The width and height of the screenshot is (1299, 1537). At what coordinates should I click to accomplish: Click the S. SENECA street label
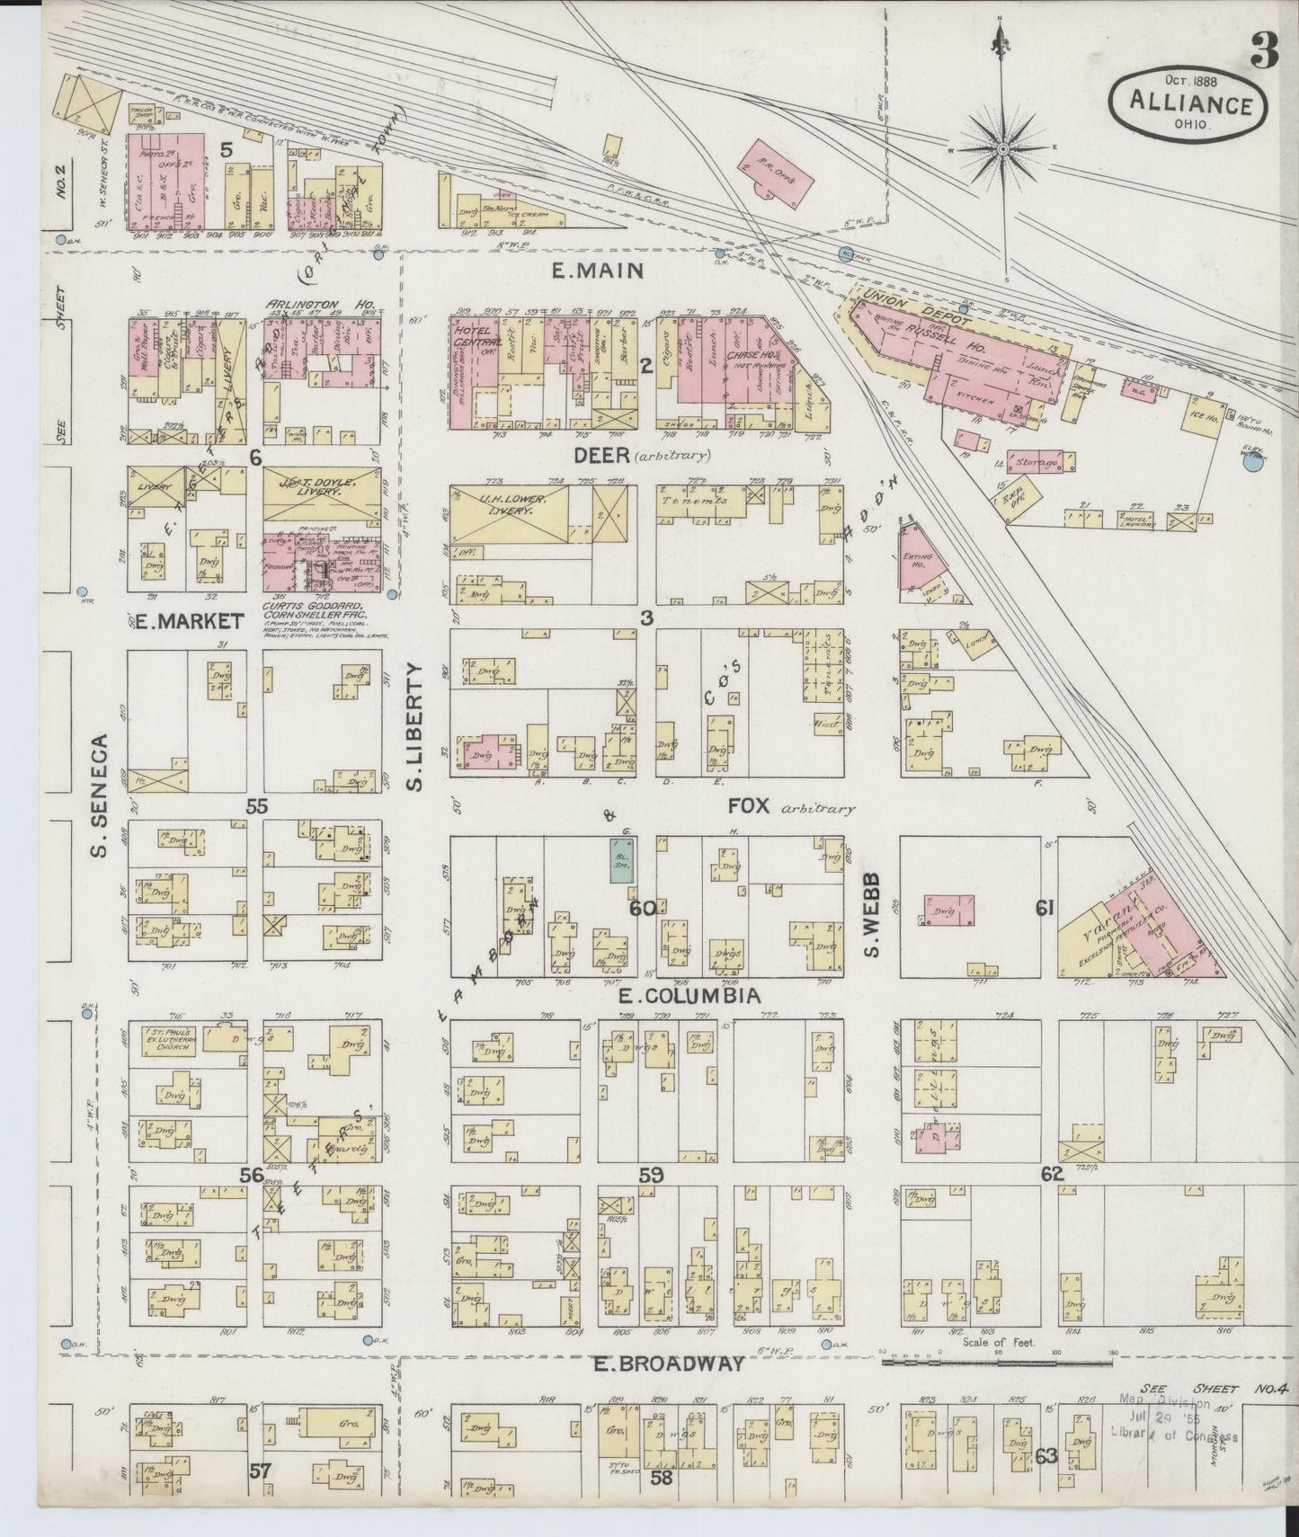click(x=102, y=795)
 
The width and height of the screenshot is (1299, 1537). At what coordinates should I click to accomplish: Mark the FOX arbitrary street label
click(x=789, y=806)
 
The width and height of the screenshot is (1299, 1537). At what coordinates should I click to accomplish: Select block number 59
click(x=650, y=1174)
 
